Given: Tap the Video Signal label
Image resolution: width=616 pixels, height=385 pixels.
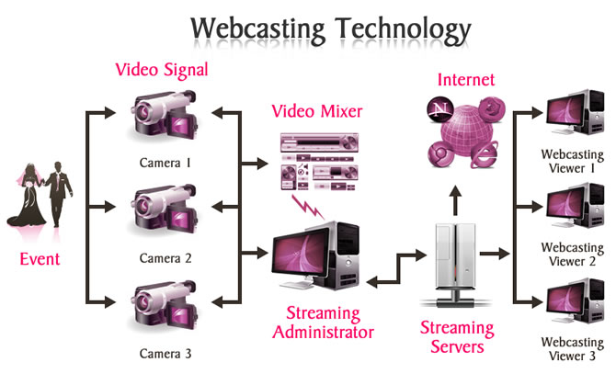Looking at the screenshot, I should click(x=162, y=70).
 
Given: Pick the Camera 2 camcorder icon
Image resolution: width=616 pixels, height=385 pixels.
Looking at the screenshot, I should click(x=165, y=212).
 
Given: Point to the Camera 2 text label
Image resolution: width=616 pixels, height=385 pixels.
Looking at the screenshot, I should click(x=165, y=258).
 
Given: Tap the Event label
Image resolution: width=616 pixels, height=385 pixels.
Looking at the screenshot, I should click(x=40, y=259).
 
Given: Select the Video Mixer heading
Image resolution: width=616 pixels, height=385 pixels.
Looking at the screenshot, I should click(x=317, y=112).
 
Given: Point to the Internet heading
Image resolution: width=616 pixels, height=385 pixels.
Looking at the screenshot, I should click(x=466, y=79).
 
